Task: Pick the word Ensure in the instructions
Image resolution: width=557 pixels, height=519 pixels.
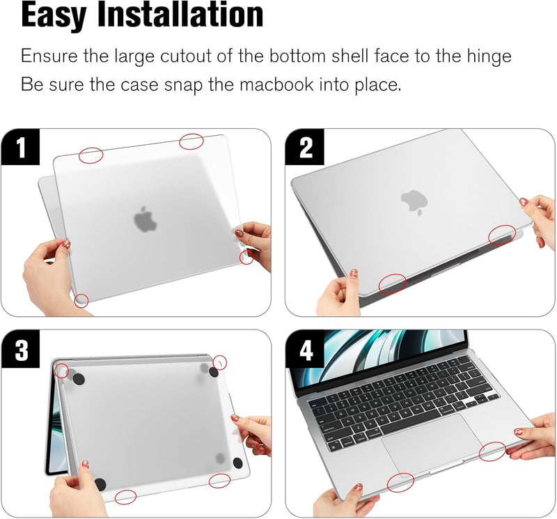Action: (47, 56)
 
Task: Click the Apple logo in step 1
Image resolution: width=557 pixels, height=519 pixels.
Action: (146, 219)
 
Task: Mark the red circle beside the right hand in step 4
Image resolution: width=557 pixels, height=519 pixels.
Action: (493, 451)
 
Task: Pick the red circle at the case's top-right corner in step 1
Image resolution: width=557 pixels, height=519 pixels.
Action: (192, 141)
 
